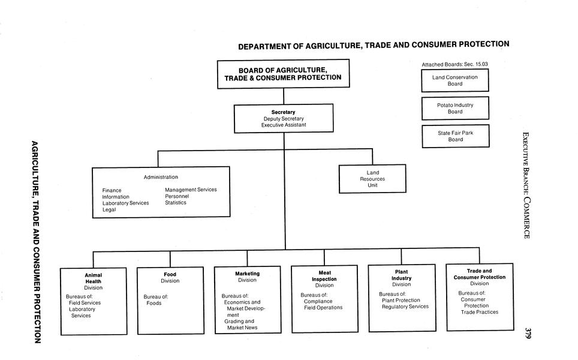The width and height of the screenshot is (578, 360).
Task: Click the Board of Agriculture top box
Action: [x=282, y=74]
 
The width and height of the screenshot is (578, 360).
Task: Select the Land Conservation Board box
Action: [x=454, y=80]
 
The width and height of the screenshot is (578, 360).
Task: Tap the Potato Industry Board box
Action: [x=454, y=108]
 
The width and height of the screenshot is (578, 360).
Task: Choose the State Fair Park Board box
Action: [x=455, y=136]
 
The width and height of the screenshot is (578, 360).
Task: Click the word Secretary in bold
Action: [x=283, y=112]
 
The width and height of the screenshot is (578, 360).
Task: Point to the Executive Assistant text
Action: [x=283, y=125]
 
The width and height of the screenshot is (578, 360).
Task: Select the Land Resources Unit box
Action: [x=372, y=179]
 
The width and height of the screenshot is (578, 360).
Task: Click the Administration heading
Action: [x=161, y=177]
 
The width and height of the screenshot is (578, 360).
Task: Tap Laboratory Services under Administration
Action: [x=125, y=203]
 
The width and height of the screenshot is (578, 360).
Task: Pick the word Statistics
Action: [x=176, y=203]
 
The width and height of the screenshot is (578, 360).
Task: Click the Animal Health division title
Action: [x=93, y=278]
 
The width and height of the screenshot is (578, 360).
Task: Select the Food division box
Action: [x=170, y=299]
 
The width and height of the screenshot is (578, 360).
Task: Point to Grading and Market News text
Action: [x=239, y=324]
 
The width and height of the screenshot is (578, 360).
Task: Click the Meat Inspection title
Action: [x=324, y=276]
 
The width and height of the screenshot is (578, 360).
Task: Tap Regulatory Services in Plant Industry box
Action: [x=405, y=307]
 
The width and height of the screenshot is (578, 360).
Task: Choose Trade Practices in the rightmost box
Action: [x=479, y=312]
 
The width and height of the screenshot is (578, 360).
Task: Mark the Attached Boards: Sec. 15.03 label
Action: [x=459, y=64]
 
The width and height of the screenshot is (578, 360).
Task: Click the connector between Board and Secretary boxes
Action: [x=283, y=97]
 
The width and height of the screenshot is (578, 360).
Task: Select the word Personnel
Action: [x=177, y=196]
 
